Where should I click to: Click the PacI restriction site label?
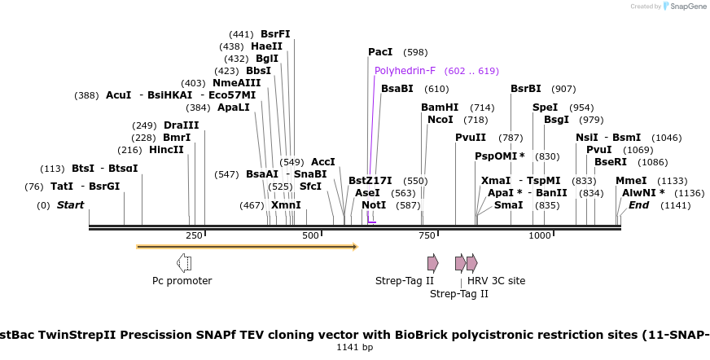coord(380,52)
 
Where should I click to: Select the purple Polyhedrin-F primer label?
coord(405,71)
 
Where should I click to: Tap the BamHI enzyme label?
coord(440,108)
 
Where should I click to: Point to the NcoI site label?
coord(440,120)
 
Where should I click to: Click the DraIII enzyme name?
coord(181,125)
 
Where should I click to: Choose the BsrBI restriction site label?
coord(525,89)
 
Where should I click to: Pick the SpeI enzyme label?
coord(545,108)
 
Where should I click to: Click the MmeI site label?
coord(630,181)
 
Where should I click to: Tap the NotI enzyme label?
coord(374,205)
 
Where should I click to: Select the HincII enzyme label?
coord(166,150)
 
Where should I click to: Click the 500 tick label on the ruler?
coord(311,235)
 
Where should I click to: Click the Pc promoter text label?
coord(182,281)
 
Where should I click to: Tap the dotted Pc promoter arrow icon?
coord(184,262)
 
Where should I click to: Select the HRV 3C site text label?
coord(496,281)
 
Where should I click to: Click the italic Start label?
coord(70,205)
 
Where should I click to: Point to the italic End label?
coord(638,205)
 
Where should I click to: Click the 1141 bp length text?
coord(355,348)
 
